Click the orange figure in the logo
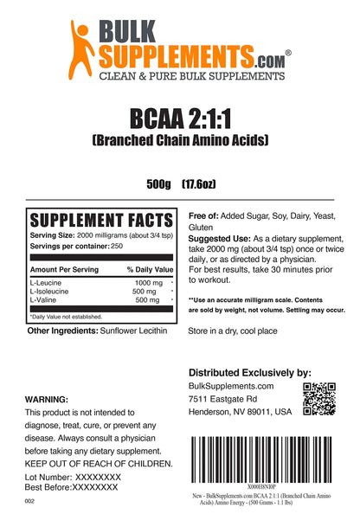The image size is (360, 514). [84, 44]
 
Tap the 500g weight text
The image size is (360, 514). [161, 183]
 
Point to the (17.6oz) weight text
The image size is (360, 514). [205, 183]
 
